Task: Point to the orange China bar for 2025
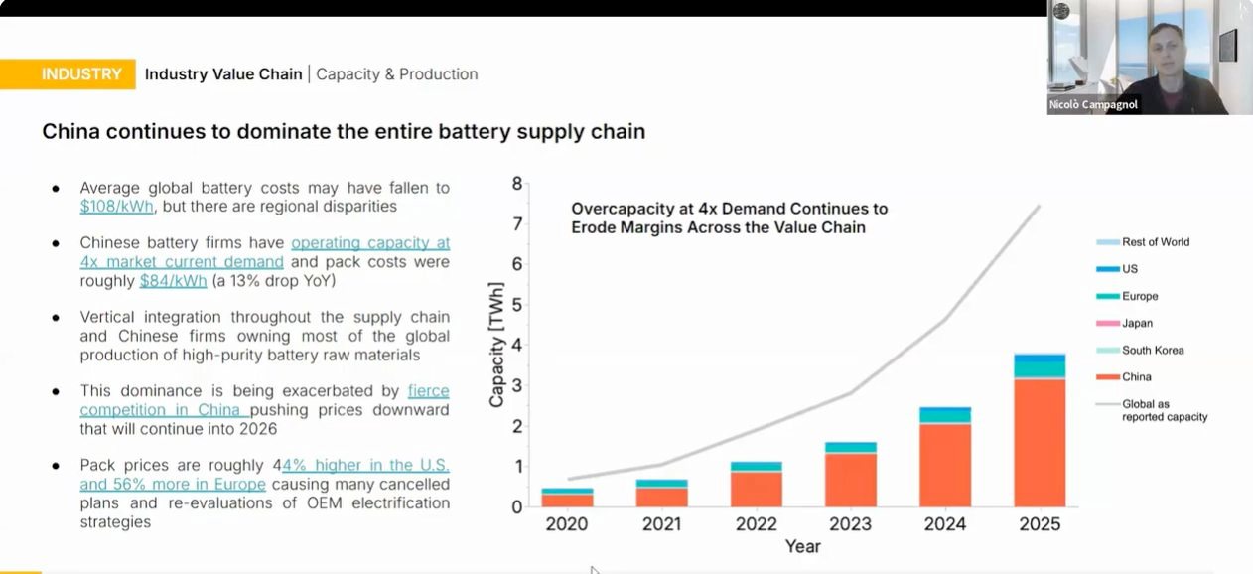pos(1040,442)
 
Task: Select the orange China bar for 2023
pos(851,480)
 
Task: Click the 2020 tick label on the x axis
pos(567,524)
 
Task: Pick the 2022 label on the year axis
pos(756,524)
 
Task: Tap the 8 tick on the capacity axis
pos(516,183)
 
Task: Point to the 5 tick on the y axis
pos(516,305)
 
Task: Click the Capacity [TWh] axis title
pos(495,345)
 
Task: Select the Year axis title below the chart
pos(803,547)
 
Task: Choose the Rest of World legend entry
pos(1155,242)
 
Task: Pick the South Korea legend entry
pos(1152,351)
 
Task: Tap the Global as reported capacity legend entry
pos(1164,410)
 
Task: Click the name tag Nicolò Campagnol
pos(1093,104)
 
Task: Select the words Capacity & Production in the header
pos(396,74)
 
